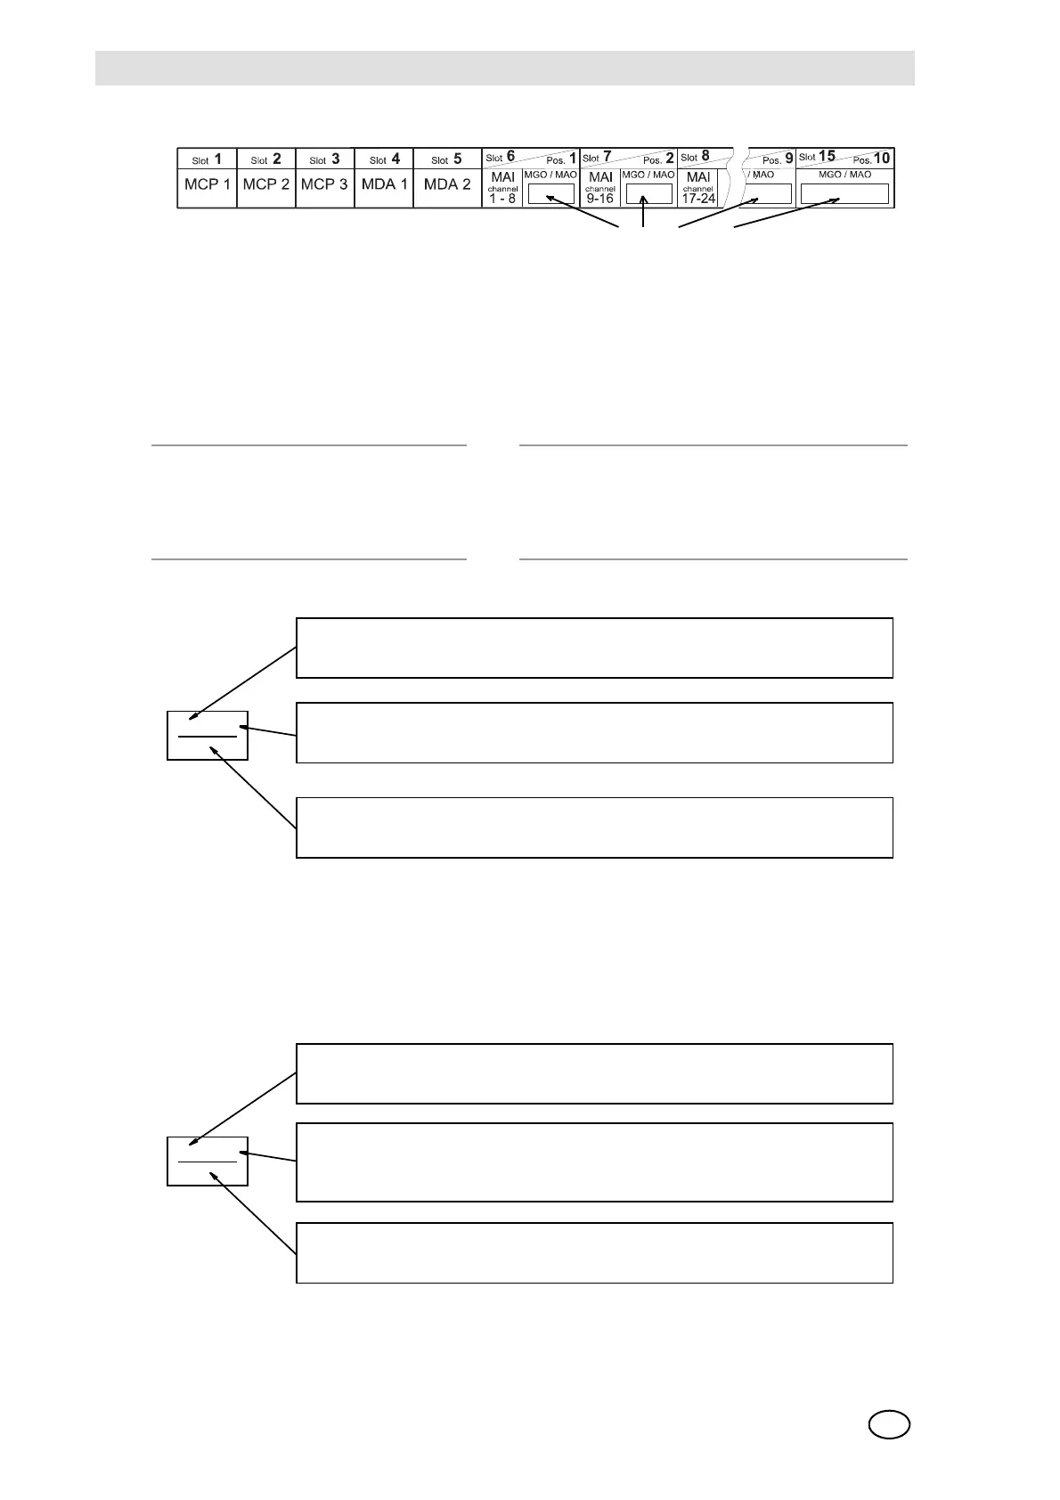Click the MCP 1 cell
pyautogui.click(x=207, y=185)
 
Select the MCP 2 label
pyautogui.click(x=265, y=185)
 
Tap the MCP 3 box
pyautogui.click(x=324, y=185)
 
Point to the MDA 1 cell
pyautogui.click(x=384, y=185)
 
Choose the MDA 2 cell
pyautogui.click(x=447, y=185)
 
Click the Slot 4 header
pyautogui.click(x=384, y=159)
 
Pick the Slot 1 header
pyautogui.click(x=207, y=159)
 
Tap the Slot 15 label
pyautogui.click(x=817, y=156)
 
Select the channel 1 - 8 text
pyautogui.click(x=502, y=194)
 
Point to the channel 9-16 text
pyautogui.click(x=600, y=194)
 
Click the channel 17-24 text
pyautogui.click(x=698, y=194)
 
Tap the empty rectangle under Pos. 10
pyautogui.click(x=844, y=193)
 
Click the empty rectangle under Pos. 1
pyautogui.click(x=551, y=193)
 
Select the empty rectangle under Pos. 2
pyautogui.click(x=648, y=193)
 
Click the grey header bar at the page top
pyautogui.click(x=504, y=68)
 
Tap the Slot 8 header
pyautogui.click(x=695, y=157)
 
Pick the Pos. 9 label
pyautogui.click(x=778, y=159)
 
